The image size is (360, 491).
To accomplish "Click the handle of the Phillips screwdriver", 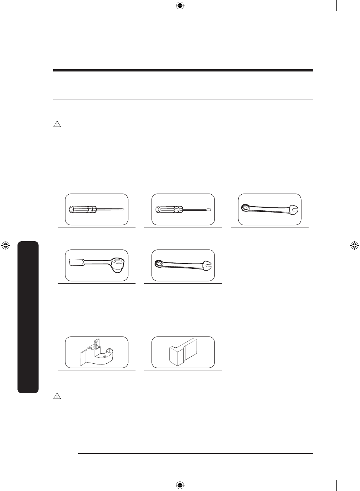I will (x=80, y=210).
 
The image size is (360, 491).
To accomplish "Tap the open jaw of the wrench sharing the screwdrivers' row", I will (x=294, y=210).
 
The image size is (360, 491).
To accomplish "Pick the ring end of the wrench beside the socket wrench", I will (x=159, y=264).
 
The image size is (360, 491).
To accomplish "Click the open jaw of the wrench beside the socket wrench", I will (x=207, y=267).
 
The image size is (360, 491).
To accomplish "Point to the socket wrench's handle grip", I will (x=76, y=262).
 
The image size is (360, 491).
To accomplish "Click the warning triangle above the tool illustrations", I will (x=57, y=124).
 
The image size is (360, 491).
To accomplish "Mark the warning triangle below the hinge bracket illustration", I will (x=57, y=396).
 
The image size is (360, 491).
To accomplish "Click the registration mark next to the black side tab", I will (x=6, y=246).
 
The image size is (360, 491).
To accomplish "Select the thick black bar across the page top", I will (x=183, y=70).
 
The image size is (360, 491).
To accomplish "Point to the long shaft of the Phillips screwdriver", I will (x=110, y=210).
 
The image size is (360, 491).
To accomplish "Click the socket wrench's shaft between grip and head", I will (x=97, y=263).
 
